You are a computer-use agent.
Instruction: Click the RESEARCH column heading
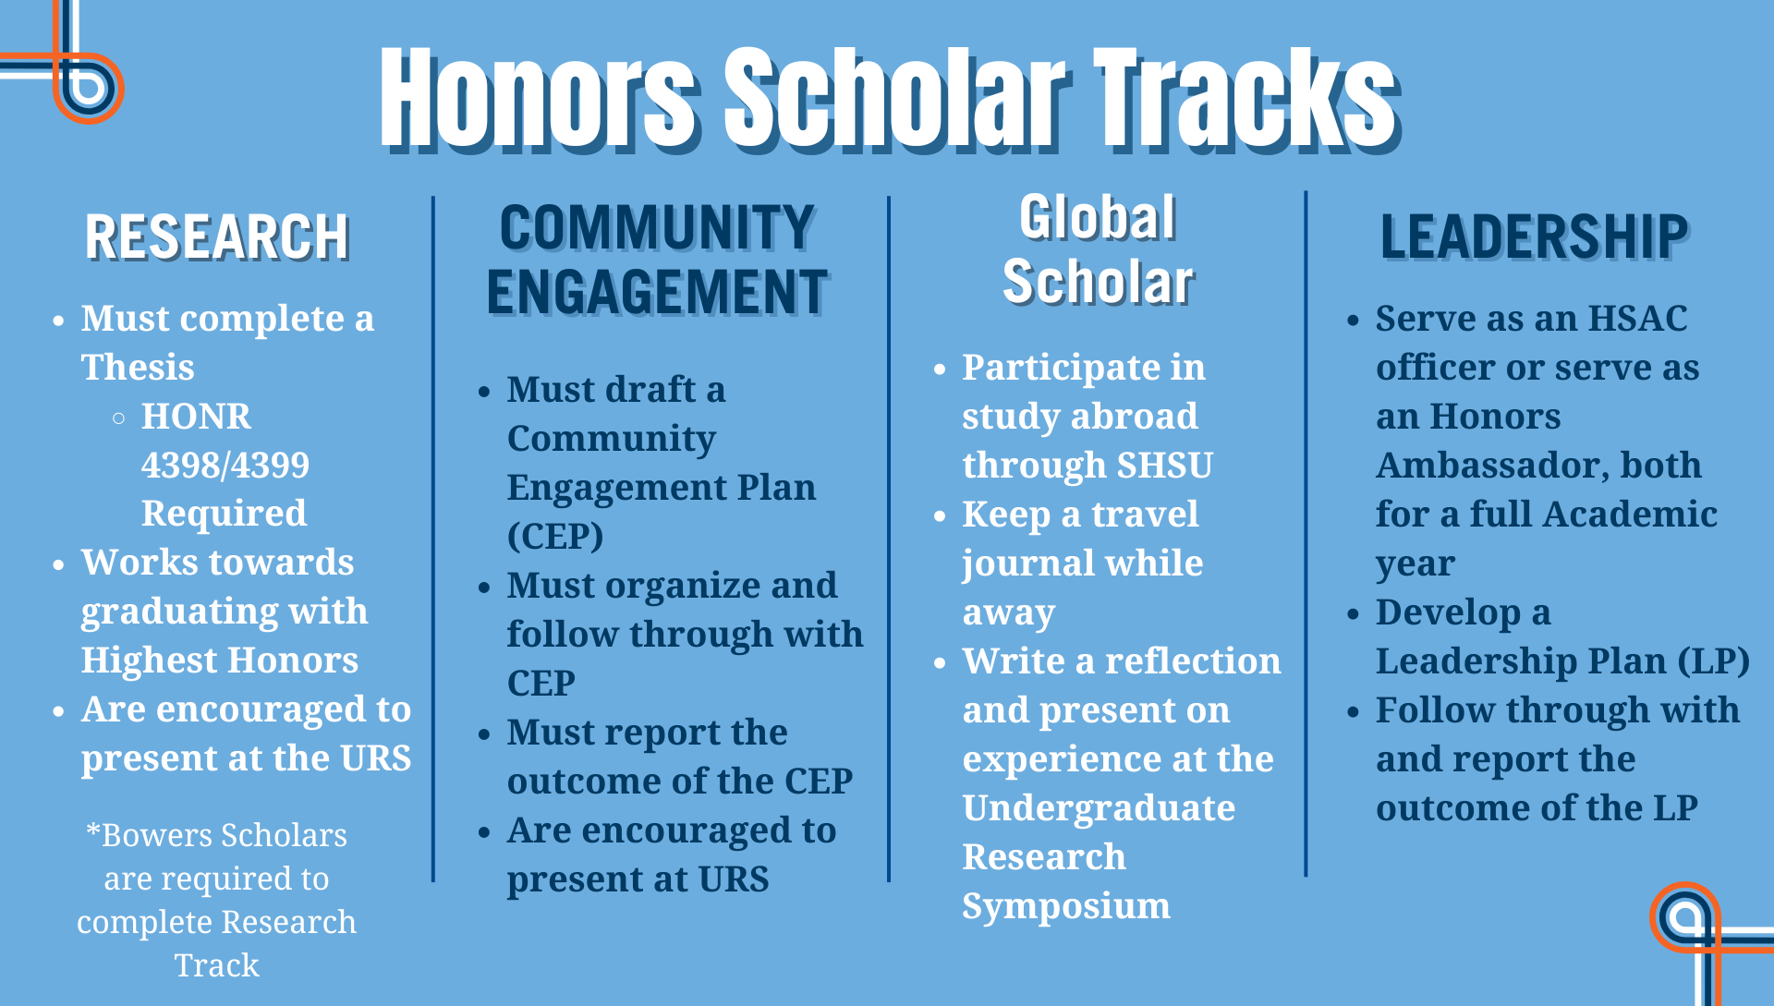(217, 237)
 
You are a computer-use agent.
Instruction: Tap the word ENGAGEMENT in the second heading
(657, 293)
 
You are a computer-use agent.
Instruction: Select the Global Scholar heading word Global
(1098, 219)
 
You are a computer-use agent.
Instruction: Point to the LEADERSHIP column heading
(1534, 236)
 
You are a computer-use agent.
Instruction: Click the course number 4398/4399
(225, 465)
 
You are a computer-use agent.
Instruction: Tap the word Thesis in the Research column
(138, 368)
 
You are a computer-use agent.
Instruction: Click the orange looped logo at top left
(87, 87)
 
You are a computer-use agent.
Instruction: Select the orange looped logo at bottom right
(1686, 917)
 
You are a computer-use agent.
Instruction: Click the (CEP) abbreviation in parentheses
(555, 536)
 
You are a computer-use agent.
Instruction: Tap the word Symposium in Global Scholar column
(1065, 906)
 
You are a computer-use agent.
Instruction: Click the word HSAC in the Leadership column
(1637, 319)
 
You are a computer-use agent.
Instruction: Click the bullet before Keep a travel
(940, 516)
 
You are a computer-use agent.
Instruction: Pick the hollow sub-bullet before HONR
(118, 418)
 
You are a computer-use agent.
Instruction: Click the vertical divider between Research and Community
(432, 536)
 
